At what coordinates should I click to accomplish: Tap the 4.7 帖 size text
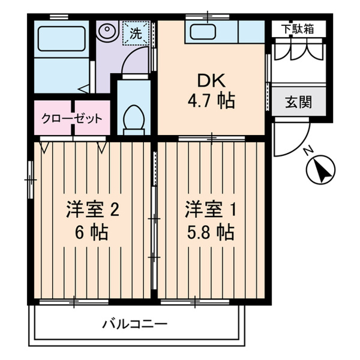209,102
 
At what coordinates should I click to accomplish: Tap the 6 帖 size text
92,231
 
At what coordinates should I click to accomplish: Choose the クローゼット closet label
71,118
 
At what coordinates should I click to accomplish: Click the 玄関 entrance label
298,102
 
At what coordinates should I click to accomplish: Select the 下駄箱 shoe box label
296,28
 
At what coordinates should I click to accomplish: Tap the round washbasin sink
108,30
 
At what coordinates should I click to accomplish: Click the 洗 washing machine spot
136,33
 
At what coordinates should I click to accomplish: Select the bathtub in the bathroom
61,39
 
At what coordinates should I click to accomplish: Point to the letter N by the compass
307,152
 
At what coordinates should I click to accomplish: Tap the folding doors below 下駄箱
296,50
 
